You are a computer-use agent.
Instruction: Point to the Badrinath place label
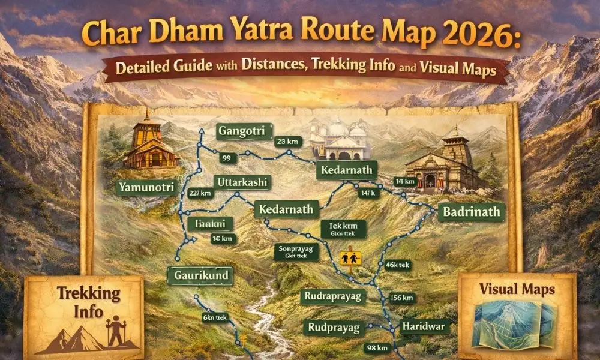[x=472, y=212]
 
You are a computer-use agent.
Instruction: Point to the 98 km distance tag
[x=379, y=347]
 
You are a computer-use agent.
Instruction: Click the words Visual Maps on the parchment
[x=517, y=289]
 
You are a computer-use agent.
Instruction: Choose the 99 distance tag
[x=226, y=158]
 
